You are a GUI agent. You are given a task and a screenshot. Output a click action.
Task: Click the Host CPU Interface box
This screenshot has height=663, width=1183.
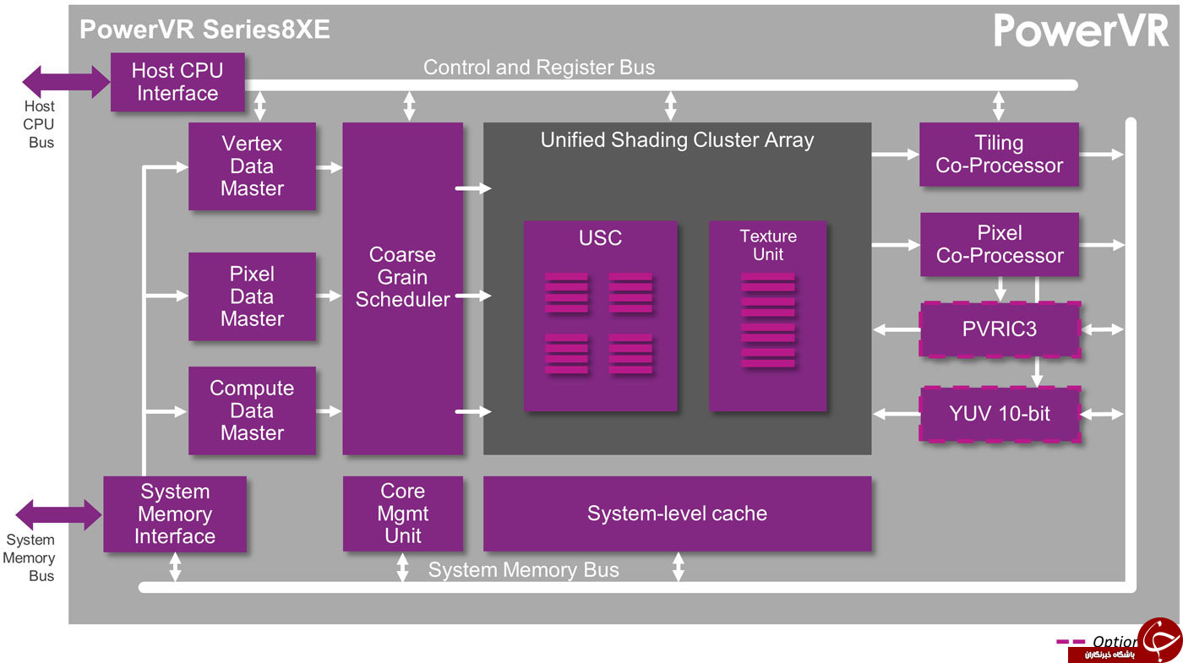coord(177,82)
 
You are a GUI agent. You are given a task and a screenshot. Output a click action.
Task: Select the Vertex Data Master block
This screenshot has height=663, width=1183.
coord(252,166)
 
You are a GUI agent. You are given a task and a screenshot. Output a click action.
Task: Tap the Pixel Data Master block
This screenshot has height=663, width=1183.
coord(252,296)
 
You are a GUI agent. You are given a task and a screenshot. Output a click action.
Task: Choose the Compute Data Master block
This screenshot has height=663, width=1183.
coord(252,410)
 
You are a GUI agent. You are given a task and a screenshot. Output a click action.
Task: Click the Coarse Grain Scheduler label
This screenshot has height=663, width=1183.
coord(402,277)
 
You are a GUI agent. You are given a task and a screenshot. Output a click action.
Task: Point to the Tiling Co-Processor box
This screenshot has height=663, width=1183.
coord(999,154)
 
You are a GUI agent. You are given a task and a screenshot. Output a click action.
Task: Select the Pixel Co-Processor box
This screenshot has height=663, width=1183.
coord(999,244)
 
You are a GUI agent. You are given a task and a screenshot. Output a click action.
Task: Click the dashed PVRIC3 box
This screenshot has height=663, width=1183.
coord(1000,329)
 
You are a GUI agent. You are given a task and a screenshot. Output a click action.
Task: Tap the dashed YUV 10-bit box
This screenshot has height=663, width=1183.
coord(1000,414)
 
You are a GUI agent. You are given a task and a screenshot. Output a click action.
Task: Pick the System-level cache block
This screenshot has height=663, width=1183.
coord(677,514)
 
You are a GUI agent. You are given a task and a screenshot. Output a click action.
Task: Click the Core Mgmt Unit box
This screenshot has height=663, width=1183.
coord(403,514)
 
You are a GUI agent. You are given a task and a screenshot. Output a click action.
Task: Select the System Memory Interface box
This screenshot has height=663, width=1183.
coord(175,514)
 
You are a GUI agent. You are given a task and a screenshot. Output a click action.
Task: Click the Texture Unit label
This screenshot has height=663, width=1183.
coord(768,245)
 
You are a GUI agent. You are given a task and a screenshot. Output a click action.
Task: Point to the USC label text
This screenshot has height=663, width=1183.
coord(600,238)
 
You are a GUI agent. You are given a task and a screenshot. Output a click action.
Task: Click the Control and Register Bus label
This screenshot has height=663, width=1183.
coord(539,67)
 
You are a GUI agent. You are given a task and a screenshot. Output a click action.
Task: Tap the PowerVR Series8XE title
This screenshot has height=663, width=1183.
coord(204,29)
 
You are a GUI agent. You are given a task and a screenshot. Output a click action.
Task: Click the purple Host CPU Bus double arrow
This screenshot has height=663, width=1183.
coord(66,82)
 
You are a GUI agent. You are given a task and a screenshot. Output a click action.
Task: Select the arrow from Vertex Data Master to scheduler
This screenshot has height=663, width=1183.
coord(329,167)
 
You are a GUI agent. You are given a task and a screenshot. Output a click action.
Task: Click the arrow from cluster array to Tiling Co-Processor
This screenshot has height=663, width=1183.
coord(895,154)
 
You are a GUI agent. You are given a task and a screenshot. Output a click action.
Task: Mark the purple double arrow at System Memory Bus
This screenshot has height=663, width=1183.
coord(59,514)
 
